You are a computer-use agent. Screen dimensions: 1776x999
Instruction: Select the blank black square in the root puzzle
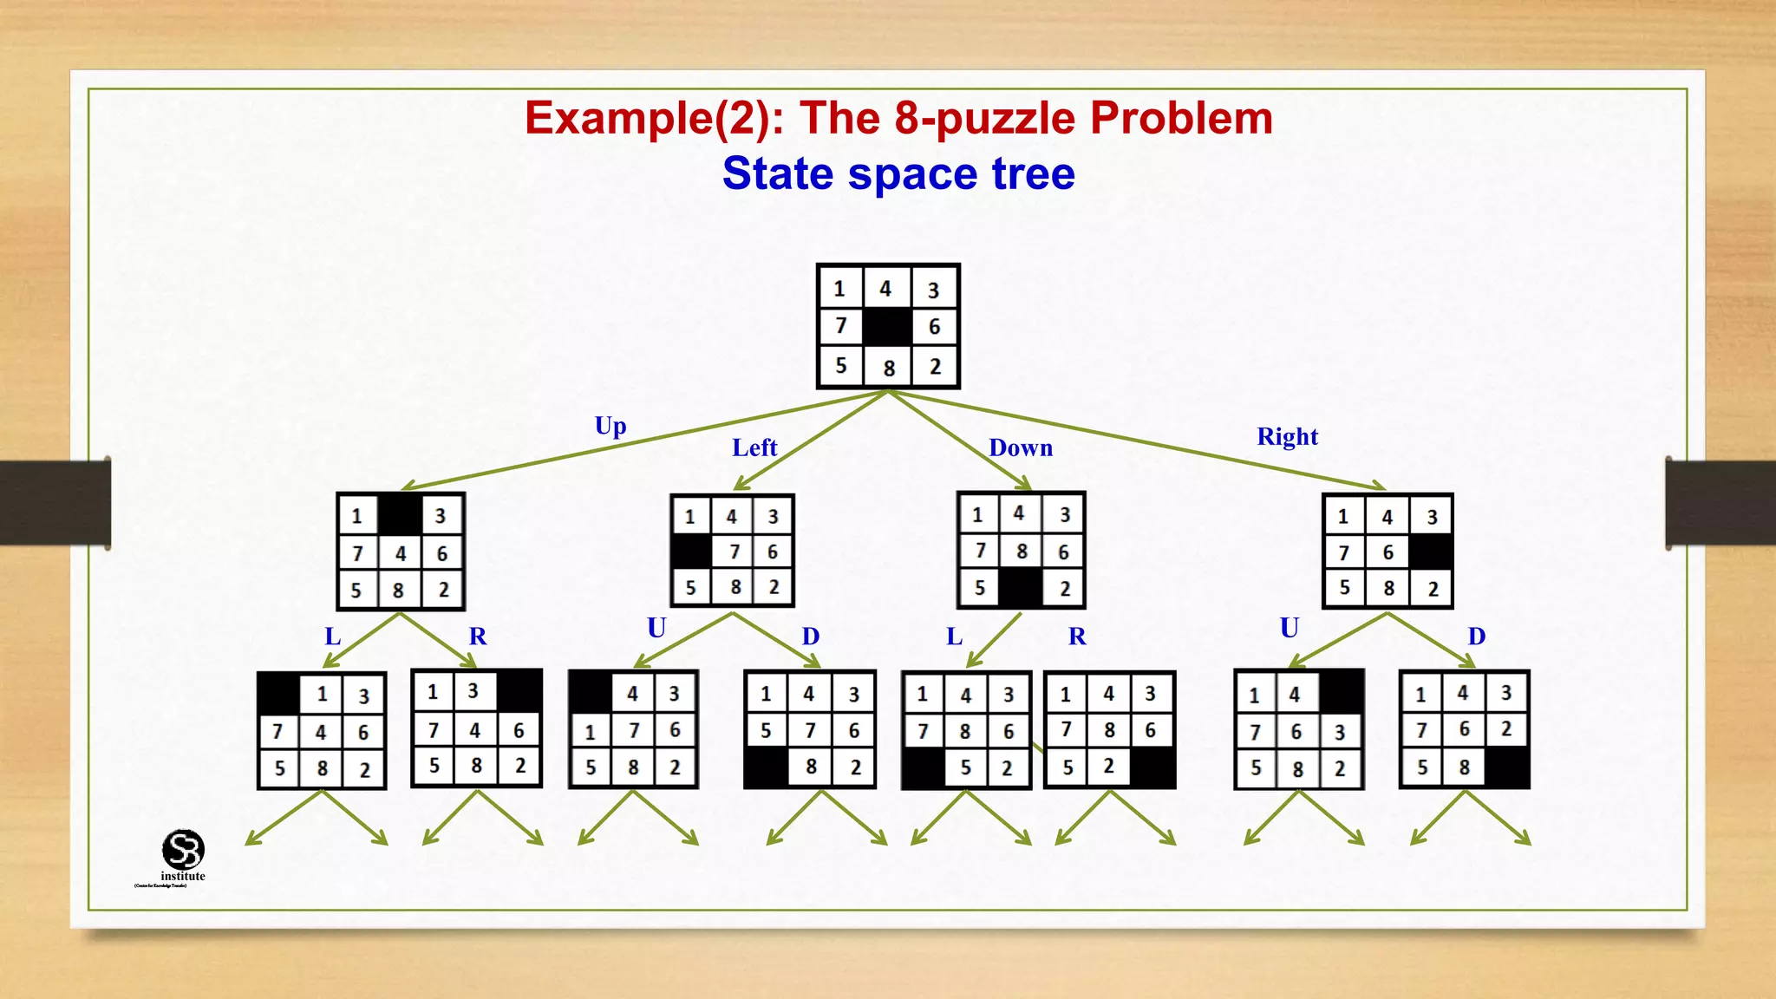coord(887,327)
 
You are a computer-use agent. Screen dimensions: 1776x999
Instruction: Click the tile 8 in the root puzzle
coord(889,368)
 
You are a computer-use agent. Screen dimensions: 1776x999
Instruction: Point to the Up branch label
coord(610,426)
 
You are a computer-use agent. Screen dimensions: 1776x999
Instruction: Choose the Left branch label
coord(754,447)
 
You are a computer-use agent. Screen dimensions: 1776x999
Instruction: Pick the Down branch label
coord(1021,447)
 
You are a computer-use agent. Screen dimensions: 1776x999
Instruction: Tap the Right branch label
coord(1287,436)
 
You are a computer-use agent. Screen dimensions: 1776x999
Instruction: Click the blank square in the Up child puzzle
coord(401,515)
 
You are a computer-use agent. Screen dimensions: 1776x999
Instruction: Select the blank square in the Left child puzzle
coord(691,552)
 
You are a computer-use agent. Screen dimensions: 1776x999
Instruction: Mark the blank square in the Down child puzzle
coord(1021,587)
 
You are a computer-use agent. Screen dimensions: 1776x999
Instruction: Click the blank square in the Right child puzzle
coord(1431,552)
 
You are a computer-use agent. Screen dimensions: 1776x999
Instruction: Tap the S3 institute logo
coord(183,852)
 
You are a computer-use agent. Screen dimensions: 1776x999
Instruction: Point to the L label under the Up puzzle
coord(332,637)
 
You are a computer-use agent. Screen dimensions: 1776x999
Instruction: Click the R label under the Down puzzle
coord(1077,637)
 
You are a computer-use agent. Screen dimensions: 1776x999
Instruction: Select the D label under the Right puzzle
coord(1477,637)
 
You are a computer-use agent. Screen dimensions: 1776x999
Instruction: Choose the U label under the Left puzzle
coord(656,628)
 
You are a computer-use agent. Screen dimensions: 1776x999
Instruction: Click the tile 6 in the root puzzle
coord(934,327)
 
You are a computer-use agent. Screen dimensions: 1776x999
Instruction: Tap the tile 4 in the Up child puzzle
coord(401,553)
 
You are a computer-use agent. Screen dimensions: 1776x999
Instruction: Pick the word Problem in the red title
coord(1181,119)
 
